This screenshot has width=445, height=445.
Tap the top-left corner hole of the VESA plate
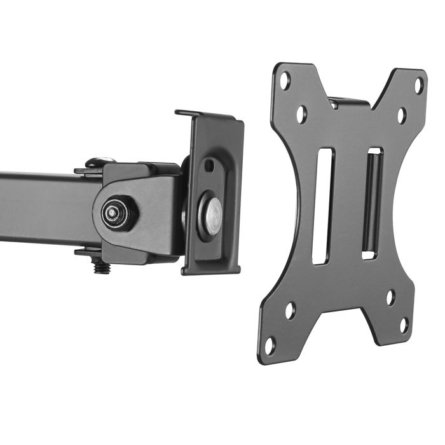285,81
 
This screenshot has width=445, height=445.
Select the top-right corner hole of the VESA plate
418,85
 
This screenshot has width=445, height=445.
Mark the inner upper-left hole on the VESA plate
301,114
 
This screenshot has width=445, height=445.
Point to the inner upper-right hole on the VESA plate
402,115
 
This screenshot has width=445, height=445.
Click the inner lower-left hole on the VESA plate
290,310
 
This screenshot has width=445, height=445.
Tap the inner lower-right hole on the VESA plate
390,297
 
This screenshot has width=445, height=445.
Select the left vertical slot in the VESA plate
322,206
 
